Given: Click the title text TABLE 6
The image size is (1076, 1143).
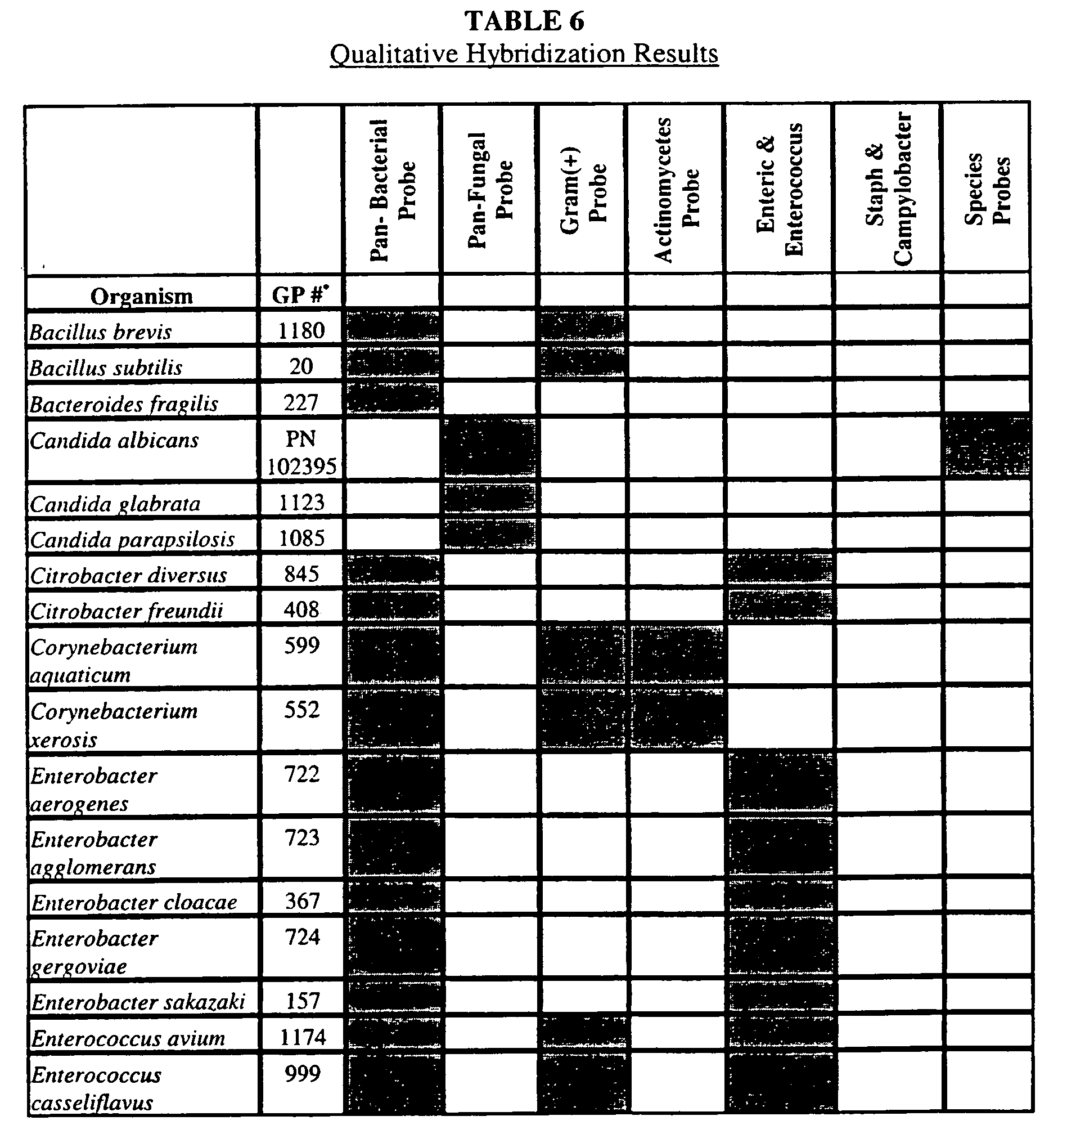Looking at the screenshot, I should coord(524,22).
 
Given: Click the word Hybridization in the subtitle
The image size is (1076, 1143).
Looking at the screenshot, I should coord(545,55).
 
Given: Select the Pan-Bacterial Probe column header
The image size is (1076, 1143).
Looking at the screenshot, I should coord(391,190).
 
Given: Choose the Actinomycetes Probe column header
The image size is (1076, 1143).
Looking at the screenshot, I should coord(676,190).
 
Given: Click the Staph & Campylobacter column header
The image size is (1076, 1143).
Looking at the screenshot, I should coord(888,190).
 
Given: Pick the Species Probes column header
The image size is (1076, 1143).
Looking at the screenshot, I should coord(987,190).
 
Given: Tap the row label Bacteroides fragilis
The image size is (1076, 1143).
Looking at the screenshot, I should coord(124,404).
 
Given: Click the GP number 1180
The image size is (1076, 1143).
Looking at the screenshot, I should coord(301,330).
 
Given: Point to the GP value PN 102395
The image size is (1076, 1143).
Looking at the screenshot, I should coord(301,452).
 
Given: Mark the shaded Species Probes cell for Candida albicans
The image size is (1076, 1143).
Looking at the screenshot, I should coord(987,448).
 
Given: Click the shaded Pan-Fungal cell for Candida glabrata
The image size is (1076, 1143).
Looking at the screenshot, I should coord(490,498).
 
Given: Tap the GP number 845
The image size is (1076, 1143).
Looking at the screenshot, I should coord(301,574).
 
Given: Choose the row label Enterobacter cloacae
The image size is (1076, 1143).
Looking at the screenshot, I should coord(134,903).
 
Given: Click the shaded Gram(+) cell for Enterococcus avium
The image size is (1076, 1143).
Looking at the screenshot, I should coord(583,1033).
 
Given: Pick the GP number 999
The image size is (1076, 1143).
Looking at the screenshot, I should coord(303,1073).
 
